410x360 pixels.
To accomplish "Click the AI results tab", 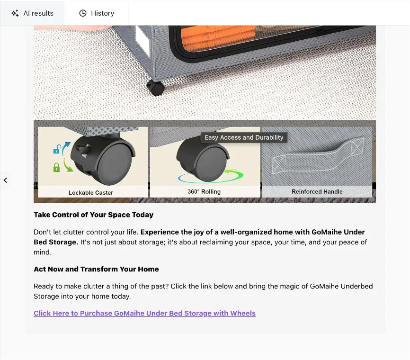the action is (32, 13).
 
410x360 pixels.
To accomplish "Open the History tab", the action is (97, 13).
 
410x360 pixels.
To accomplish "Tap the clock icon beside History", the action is (83, 13).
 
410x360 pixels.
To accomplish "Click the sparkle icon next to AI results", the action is (15, 13).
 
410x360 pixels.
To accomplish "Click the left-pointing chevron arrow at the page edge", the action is (5, 180).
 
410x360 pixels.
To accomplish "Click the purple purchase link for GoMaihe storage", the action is (144, 313).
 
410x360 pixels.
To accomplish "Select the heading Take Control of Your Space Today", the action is (93, 215).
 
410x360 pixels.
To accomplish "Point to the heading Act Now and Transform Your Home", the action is (96, 269).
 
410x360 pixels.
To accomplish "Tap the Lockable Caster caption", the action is (91, 193).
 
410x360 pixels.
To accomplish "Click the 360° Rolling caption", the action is (204, 192).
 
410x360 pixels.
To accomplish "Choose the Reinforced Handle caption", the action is (317, 192).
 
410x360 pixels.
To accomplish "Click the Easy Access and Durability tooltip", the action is (244, 138).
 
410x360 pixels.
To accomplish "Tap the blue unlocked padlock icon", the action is (57, 149).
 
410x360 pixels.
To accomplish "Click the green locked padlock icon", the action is (56, 167).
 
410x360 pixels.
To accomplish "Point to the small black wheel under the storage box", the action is (155, 88).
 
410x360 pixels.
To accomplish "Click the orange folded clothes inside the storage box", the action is (218, 39).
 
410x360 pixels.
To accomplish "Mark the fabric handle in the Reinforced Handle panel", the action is (318, 156).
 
